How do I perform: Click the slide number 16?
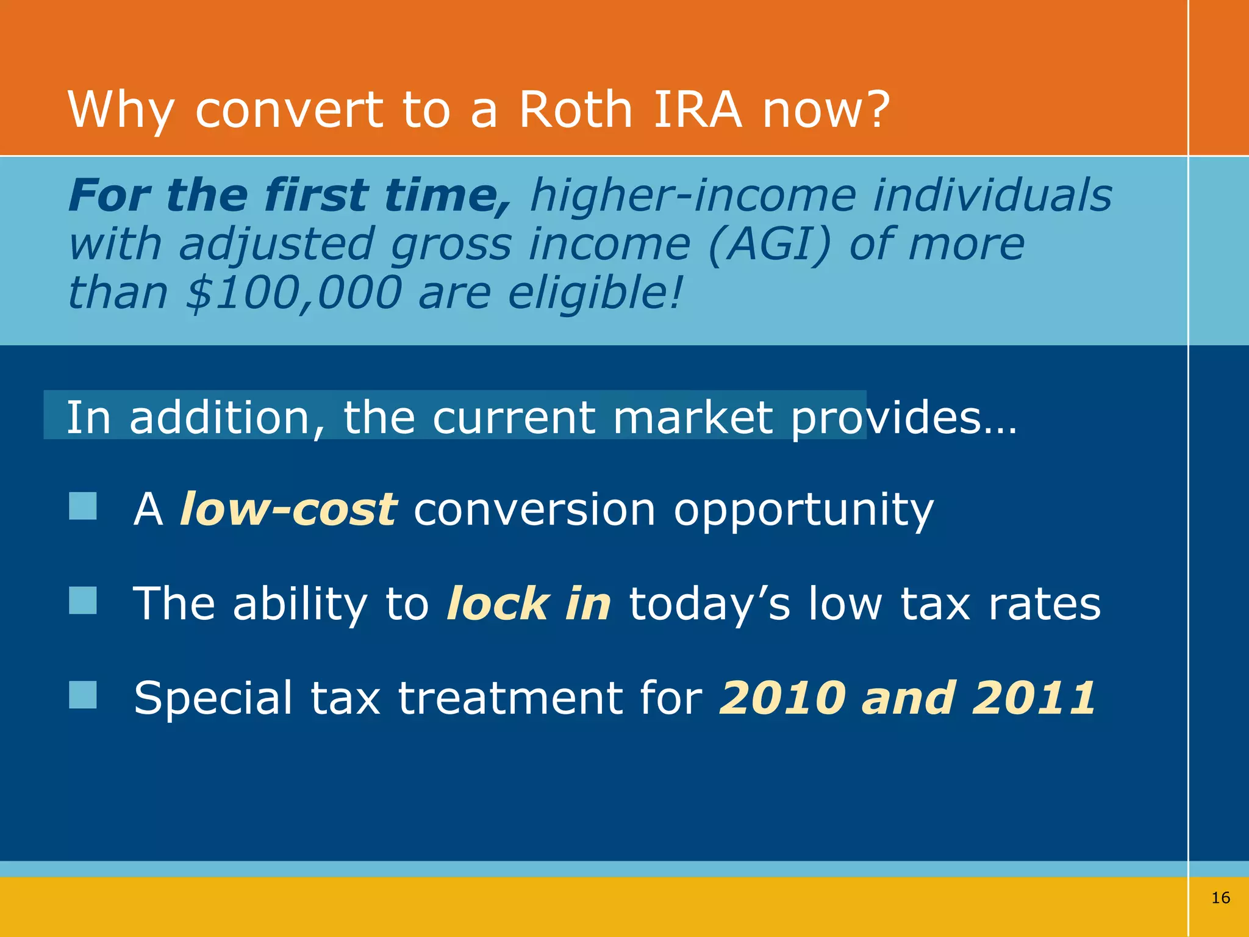[x=1220, y=897]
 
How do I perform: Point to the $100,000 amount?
[x=293, y=293]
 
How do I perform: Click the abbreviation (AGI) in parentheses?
[x=770, y=244]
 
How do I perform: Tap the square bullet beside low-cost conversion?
[x=83, y=506]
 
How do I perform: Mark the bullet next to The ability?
[x=83, y=600]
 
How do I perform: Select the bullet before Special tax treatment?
[x=83, y=695]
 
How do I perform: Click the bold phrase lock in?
[x=529, y=603]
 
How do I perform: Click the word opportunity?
[x=803, y=510]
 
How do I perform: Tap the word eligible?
[x=594, y=293]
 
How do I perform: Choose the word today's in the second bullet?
[x=709, y=604]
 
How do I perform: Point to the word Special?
[x=213, y=698]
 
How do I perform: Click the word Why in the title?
[x=121, y=111]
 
